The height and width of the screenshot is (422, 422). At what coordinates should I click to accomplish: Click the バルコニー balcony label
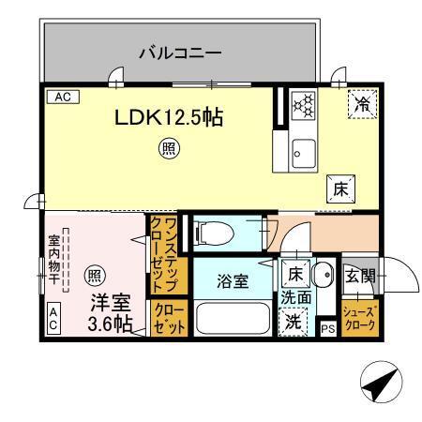pyautogui.click(x=180, y=52)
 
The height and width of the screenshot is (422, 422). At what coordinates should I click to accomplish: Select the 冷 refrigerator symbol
pyautogui.click(x=359, y=106)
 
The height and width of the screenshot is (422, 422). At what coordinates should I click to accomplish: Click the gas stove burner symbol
pyautogui.click(x=304, y=106)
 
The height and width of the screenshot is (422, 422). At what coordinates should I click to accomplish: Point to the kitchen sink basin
pyautogui.click(x=303, y=151)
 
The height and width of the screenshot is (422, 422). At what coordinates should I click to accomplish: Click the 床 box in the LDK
pyautogui.click(x=339, y=188)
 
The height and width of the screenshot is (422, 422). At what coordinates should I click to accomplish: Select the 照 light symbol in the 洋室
pyautogui.click(x=94, y=276)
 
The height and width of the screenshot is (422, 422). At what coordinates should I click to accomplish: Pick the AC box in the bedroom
pyautogui.click(x=53, y=320)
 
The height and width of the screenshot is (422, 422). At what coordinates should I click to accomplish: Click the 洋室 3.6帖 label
pyautogui.click(x=110, y=313)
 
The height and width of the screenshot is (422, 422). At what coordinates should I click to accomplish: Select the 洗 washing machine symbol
pyautogui.click(x=294, y=319)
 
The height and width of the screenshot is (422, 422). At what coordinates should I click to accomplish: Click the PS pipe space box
pyautogui.click(x=327, y=328)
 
